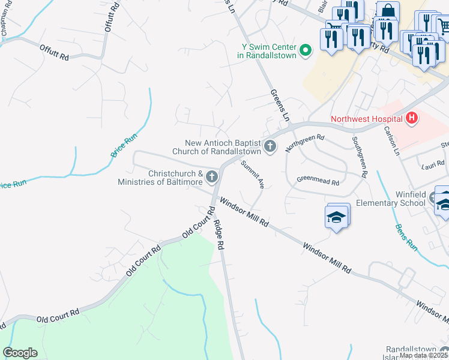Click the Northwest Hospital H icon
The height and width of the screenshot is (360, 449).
(x=411, y=118)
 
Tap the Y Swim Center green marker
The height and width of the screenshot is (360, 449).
(x=305, y=50)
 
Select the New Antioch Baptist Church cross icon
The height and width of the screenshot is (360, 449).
(x=270, y=146)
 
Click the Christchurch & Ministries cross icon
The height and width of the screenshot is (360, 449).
(x=211, y=178)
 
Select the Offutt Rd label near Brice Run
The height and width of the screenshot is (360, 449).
(x=54, y=53)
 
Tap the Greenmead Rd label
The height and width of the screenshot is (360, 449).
(x=318, y=181)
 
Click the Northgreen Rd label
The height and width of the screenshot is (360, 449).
(x=304, y=143)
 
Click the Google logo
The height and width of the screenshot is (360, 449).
(x=20, y=353)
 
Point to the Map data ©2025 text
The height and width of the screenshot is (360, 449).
(x=423, y=356)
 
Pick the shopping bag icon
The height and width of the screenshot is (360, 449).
(x=388, y=11)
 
